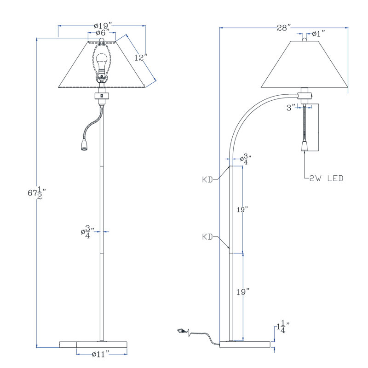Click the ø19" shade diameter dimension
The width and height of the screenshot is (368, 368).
click(x=103, y=25)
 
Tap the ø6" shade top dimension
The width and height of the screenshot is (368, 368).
click(x=102, y=33)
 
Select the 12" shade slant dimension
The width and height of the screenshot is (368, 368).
click(x=141, y=57)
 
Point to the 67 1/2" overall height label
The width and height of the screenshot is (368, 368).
click(x=36, y=193)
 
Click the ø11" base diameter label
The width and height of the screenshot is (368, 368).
click(x=100, y=354)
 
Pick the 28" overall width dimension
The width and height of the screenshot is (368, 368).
click(x=284, y=28)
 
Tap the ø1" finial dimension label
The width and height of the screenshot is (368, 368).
click(x=318, y=34)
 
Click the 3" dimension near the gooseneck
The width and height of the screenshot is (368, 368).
click(x=291, y=108)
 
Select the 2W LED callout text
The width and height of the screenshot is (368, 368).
click(x=326, y=178)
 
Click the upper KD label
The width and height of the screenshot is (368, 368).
click(x=207, y=180)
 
